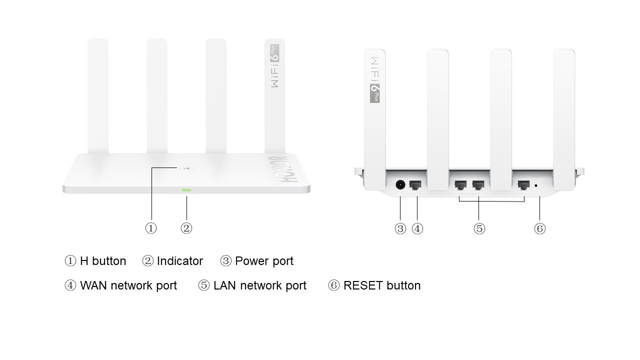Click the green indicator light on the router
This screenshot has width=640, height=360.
coord(186,190)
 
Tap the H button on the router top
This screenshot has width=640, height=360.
coord(186,168)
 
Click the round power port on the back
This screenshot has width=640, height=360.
coord(400,185)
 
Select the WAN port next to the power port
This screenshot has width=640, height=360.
coord(415,185)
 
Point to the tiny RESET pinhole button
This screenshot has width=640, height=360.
coord(536,185)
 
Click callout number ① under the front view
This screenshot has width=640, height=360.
coord(151,228)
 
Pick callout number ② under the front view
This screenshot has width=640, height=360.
coord(186,228)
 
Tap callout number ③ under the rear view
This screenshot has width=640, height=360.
coord(400,229)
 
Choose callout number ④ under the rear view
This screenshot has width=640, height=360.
coord(417,229)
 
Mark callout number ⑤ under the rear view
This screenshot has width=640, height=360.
coord(479,229)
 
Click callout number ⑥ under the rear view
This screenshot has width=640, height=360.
coord(539,229)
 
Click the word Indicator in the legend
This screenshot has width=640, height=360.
coord(180,261)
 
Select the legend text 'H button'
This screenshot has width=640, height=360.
coord(103,261)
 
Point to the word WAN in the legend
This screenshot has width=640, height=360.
coord(93,285)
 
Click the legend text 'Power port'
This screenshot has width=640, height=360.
coord(264,261)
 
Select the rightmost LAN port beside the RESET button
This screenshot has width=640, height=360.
coord(523,185)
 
